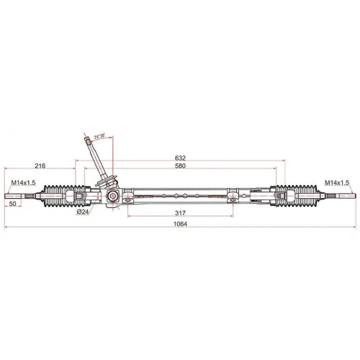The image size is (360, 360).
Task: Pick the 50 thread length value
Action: coord(12,204)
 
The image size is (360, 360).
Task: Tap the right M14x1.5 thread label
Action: coord(336,184)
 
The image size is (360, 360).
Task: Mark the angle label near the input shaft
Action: coord(99,135)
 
